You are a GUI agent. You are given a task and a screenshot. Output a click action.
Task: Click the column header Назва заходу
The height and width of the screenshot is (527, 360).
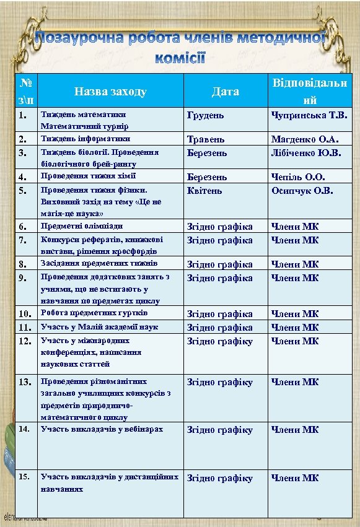click(x=110, y=92)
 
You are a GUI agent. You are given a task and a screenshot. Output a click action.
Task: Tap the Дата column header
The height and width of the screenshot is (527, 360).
click(x=225, y=92)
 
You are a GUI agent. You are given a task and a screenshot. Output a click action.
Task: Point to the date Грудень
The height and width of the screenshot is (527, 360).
click(x=206, y=115)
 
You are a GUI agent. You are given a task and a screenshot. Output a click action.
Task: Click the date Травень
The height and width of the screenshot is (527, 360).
click(x=206, y=140)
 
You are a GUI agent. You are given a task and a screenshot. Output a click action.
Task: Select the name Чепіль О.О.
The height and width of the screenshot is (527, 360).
click(x=298, y=177)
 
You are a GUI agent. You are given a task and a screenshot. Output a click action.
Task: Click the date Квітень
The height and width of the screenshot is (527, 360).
click(x=205, y=190)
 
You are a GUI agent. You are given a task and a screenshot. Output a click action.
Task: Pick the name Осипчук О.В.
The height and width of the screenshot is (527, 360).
click(x=302, y=190)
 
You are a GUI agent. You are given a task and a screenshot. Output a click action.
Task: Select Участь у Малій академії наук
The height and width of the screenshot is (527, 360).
click(x=99, y=326)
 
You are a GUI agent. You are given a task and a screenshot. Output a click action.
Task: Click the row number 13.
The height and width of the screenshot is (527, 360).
click(x=25, y=382)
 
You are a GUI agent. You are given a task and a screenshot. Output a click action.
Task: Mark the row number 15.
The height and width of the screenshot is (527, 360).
click(x=24, y=477)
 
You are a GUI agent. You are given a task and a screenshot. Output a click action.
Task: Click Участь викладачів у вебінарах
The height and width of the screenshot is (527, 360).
click(x=102, y=429)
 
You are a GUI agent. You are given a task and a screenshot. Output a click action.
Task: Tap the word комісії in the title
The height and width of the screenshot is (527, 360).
click(x=180, y=59)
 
